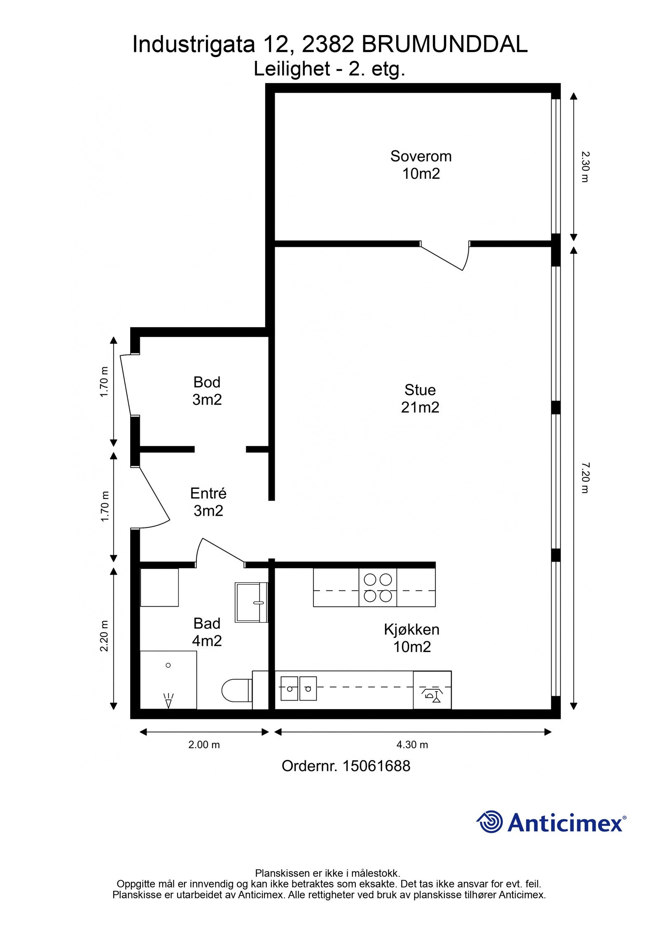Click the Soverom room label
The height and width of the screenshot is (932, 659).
point(421,165)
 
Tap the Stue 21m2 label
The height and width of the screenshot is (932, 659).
point(420,398)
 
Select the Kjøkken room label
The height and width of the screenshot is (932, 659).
point(411,638)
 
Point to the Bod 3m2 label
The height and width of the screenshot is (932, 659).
point(207,391)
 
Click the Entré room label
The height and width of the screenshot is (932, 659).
point(208,502)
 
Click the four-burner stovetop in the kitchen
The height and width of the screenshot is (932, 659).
point(378,587)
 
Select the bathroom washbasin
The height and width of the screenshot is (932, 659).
point(251,602)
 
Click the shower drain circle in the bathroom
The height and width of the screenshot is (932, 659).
point(168,665)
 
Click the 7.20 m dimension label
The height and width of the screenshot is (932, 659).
point(585,477)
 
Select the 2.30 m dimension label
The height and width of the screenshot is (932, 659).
point(585,167)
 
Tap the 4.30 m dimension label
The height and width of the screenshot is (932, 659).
point(412,745)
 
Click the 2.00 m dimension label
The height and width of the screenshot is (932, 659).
point(204,745)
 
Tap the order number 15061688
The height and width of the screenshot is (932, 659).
point(376,766)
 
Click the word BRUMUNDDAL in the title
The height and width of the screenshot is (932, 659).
point(444,44)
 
